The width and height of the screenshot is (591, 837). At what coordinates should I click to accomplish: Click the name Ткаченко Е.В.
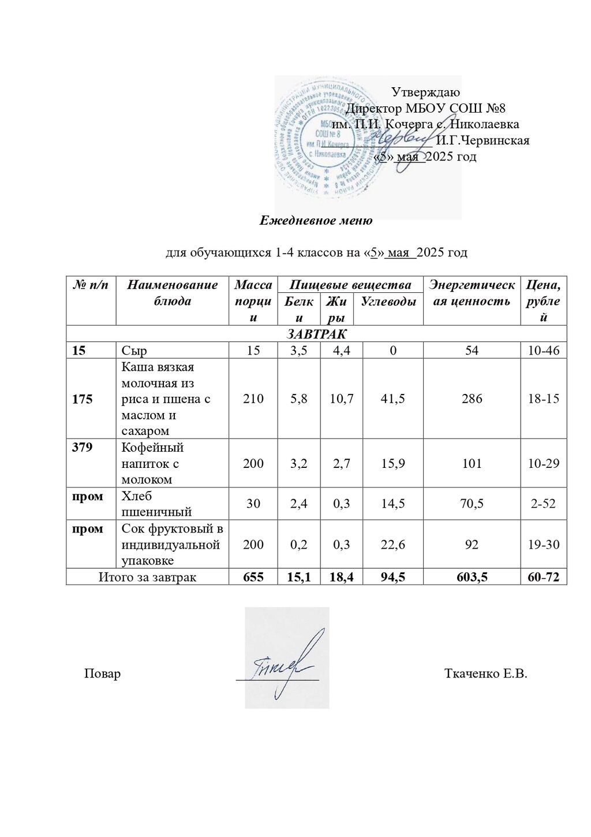tap(485, 674)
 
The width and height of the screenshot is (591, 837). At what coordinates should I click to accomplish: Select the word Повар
tap(102, 674)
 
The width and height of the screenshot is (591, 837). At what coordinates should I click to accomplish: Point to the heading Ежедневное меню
tap(316, 220)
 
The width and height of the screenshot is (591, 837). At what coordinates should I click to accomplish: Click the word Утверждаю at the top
tap(425, 92)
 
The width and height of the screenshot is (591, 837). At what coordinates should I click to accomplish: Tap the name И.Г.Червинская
tap(482, 140)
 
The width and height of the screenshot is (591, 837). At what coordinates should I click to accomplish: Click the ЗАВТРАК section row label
tap(316, 334)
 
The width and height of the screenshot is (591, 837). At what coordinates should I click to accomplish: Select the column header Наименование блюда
tap(172, 292)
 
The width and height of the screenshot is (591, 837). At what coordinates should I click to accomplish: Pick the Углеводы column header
tap(388, 301)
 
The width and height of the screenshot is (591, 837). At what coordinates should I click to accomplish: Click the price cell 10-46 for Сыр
tap(544, 350)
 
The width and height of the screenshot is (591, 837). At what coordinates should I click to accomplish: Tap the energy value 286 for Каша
tap(472, 399)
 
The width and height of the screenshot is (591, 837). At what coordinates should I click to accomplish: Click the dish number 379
tap(83, 447)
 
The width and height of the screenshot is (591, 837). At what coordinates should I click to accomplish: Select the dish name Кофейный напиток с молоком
tap(152, 463)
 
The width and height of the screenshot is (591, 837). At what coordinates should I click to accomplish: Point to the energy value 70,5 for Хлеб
tap(472, 504)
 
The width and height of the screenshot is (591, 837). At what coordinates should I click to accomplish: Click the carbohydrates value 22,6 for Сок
tap(392, 544)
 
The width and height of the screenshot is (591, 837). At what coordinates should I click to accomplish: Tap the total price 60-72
tap(544, 577)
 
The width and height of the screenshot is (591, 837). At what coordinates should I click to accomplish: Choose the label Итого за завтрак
tap(147, 577)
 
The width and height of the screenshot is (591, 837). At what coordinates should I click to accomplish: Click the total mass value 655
tap(253, 577)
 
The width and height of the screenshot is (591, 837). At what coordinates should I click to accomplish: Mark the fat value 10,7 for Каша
tap(341, 399)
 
